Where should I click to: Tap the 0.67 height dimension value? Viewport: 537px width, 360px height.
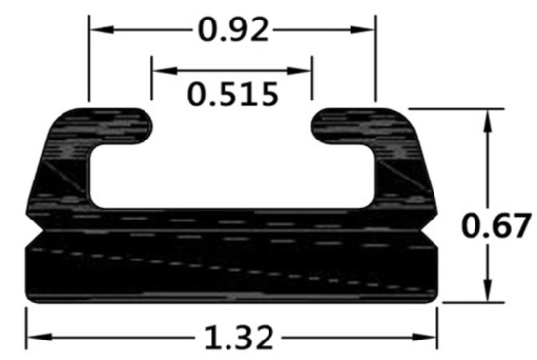click(x=496, y=225)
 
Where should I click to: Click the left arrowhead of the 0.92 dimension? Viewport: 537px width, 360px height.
click(x=96, y=29)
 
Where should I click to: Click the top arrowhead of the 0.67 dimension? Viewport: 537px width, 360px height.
click(x=485, y=115)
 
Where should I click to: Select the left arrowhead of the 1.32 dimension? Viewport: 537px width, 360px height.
click(x=33, y=338)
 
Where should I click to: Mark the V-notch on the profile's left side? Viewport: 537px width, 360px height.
click(x=35, y=235)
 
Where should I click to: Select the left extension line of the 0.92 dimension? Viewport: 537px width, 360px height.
click(x=89, y=59)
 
